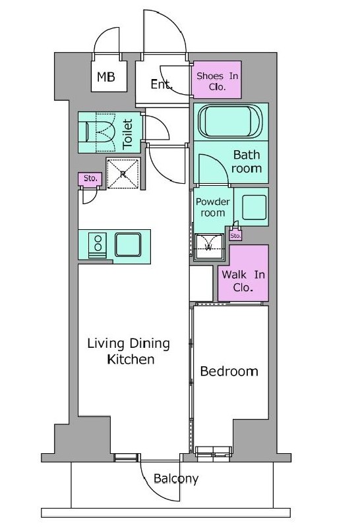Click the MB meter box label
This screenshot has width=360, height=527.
click(106, 77)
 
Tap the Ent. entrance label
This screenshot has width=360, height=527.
click(162, 84)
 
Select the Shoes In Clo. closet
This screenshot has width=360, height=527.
click(217, 80)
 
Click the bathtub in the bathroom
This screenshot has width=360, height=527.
click(230, 121)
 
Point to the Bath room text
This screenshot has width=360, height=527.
click(247, 161)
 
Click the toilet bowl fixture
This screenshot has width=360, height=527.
click(97, 131)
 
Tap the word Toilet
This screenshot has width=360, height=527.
click(127, 134)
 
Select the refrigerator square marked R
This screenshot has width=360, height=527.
click(123, 173)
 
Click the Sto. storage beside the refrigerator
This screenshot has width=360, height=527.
click(90, 179)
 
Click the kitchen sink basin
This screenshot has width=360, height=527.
click(128, 244)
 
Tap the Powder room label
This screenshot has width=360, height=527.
click(212, 207)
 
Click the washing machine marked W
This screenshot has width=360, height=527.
click(208, 246)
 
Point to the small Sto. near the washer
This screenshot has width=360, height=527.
click(235, 236)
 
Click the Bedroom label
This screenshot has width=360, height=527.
click(229, 372)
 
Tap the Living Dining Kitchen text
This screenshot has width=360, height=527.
click(129, 351)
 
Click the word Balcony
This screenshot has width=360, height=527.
click(176, 479)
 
